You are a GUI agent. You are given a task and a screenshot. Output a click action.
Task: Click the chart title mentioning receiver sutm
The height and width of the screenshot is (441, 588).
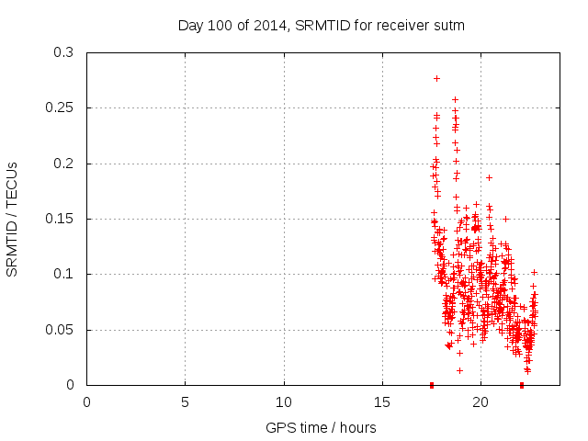click(x=321, y=26)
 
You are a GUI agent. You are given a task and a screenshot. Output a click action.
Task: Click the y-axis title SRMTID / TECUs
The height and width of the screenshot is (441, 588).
click(x=13, y=219)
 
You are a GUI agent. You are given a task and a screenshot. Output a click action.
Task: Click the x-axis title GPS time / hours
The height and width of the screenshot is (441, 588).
click(x=321, y=427)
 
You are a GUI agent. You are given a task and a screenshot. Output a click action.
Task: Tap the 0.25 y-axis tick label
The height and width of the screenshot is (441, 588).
click(x=63, y=108)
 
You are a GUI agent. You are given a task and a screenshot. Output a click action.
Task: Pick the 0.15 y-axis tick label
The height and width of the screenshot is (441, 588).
click(x=63, y=219)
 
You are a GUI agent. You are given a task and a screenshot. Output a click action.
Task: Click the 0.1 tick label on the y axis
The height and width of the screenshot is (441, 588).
click(x=67, y=274)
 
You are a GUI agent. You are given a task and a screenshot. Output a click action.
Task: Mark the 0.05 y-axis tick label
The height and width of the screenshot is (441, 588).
click(x=63, y=329)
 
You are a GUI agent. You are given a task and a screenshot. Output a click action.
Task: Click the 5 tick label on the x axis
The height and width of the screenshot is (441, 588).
click(x=185, y=402)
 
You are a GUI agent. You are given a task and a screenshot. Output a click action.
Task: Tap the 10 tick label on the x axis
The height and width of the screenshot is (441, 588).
click(x=284, y=402)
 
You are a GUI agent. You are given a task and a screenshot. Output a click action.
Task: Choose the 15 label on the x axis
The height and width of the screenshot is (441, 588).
click(x=382, y=402)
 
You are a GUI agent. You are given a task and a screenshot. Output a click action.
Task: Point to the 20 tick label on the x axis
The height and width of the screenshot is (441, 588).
click(x=481, y=402)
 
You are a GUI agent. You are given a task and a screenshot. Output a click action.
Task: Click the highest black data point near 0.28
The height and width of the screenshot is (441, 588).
click(x=436, y=78)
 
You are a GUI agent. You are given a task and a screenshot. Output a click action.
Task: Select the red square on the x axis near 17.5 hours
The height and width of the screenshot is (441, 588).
click(x=432, y=385)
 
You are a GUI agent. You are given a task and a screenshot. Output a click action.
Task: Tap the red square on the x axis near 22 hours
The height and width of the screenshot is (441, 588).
click(x=522, y=385)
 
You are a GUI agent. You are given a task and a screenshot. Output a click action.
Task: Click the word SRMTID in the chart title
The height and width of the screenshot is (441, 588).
click(x=348, y=26)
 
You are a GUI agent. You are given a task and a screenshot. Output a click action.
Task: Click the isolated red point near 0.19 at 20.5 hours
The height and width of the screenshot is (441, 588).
click(x=489, y=177)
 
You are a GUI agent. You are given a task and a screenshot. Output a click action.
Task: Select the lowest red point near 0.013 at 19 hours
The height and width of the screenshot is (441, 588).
click(x=459, y=370)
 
